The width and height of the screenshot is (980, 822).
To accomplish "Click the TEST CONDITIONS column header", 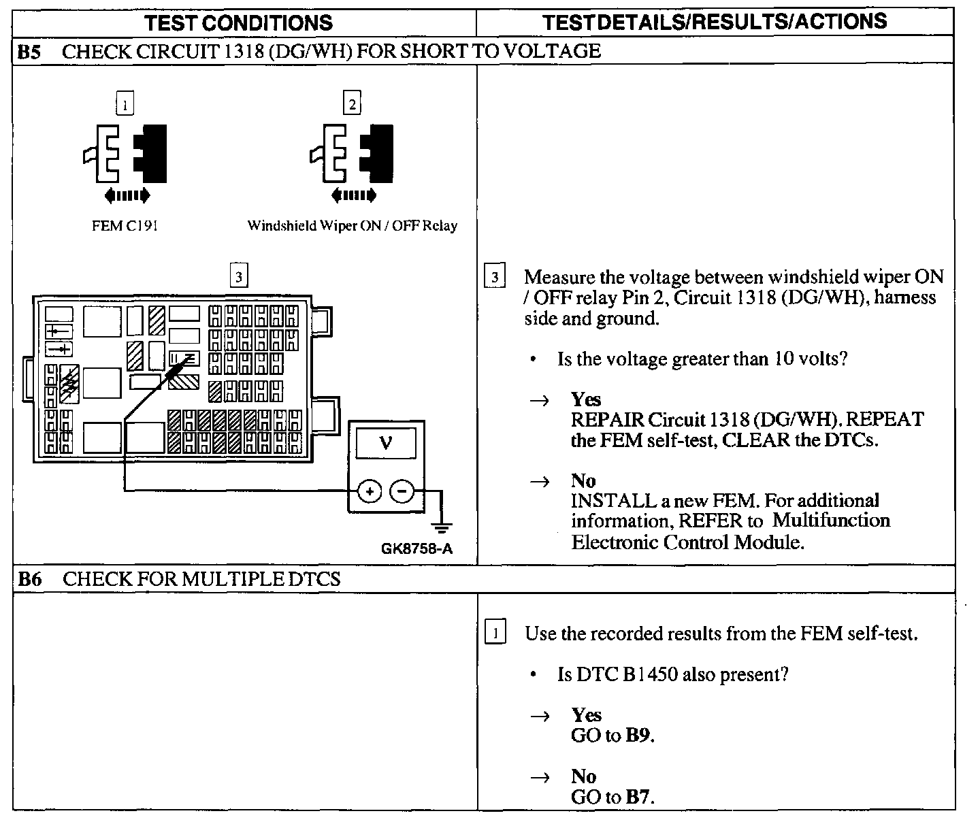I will pos(240,22).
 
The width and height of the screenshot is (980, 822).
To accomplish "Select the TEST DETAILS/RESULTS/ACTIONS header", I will pos(715,22).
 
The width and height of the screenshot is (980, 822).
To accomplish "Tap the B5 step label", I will pos(30,52).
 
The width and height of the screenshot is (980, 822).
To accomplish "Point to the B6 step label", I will pos(30,579).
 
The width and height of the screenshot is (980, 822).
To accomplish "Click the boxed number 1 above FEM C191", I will pos(125,105).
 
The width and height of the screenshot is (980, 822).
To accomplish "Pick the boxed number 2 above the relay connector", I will pos(352,103).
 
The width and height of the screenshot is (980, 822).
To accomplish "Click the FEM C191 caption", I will pos(125,226).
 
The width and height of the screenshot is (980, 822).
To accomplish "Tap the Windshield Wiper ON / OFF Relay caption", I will pos(352,226).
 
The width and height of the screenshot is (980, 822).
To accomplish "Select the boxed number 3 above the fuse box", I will pos(238,276).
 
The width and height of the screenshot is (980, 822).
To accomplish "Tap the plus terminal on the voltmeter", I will pos(370,491).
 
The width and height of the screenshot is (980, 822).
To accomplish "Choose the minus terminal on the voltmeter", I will pos(402,491).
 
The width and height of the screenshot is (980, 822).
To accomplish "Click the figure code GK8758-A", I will pos(416,548).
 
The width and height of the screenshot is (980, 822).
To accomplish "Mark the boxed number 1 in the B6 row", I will pos(495,634).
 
